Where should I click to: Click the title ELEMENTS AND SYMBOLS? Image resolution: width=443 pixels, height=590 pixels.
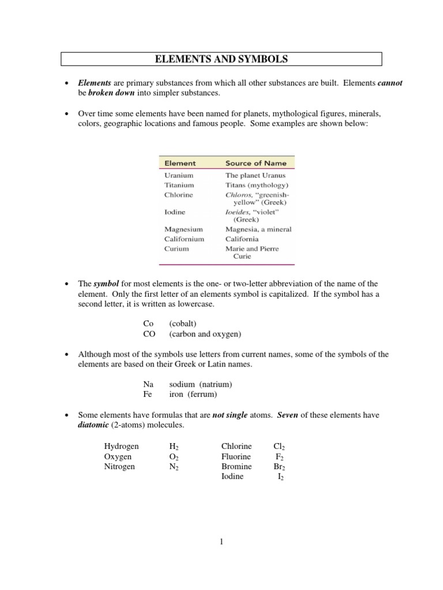[x=221, y=59]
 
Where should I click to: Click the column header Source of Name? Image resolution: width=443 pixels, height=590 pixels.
[x=256, y=163]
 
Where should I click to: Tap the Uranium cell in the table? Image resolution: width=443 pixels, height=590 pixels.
[x=178, y=175]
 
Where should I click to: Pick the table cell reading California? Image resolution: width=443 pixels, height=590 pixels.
[x=242, y=239]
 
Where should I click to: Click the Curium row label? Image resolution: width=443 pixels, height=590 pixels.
[x=176, y=249]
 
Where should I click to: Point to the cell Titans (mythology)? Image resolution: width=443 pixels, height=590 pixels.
[x=257, y=186]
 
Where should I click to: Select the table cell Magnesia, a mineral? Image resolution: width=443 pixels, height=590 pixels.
[x=258, y=229]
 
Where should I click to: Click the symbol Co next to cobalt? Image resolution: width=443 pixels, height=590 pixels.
[x=149, y=324]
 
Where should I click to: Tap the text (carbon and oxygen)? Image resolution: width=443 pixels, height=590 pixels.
[x=205, y=334]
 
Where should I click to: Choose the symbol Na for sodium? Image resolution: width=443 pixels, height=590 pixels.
[x=149, y=384]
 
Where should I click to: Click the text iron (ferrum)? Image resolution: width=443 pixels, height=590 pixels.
[x=193, y=394]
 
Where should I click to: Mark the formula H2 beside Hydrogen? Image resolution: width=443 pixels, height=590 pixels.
[x=174, y=447]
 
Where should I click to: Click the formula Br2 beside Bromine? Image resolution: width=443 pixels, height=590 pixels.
[x=279, y=467]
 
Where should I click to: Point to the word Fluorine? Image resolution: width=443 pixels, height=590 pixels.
[x=236, y=457]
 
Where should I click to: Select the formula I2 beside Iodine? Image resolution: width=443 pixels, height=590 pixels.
[x=281, y=477]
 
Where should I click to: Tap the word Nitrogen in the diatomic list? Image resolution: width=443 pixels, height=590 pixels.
[x=119, y=467]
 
